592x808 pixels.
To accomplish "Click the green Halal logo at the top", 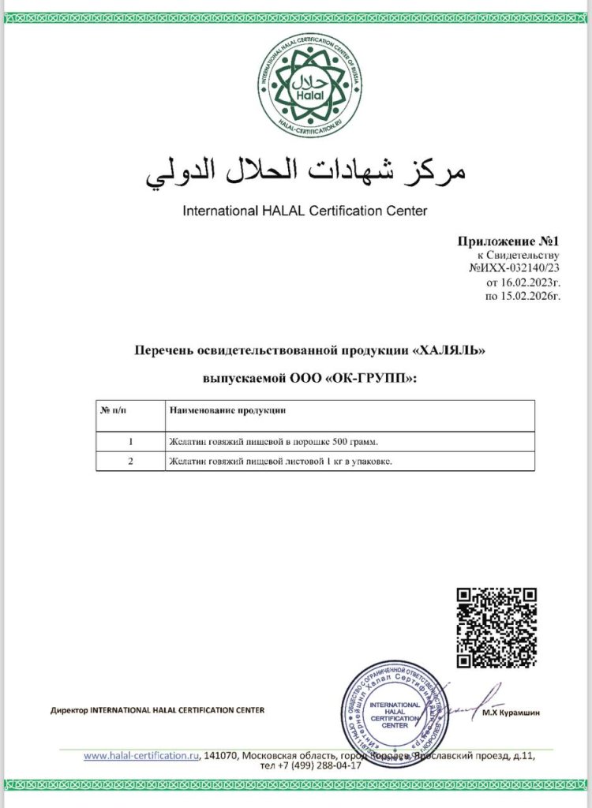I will pyautogui.click(x=304, y=86).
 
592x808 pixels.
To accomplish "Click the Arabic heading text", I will pyautogui.click(x=305, y=169).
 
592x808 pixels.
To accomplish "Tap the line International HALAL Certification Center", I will pyautogui.click(x=305, y=211).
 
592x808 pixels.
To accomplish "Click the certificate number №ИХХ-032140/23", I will pyautogui.click(x=515, y=268).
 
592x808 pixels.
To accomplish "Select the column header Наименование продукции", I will pyautogui.click(x=227, y=411).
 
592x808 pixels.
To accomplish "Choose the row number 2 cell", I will pyautogui.click(x=130, y=461).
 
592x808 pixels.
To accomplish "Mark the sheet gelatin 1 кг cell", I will pyautogui.click(x=280, y=461).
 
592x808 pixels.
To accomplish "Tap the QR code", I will pyautogui.click(x=497, y=627).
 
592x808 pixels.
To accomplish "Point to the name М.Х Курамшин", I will pyautogui.click(x=511, y=713).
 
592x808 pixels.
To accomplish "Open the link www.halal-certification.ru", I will pyautogui.click(x=141, y=755).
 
